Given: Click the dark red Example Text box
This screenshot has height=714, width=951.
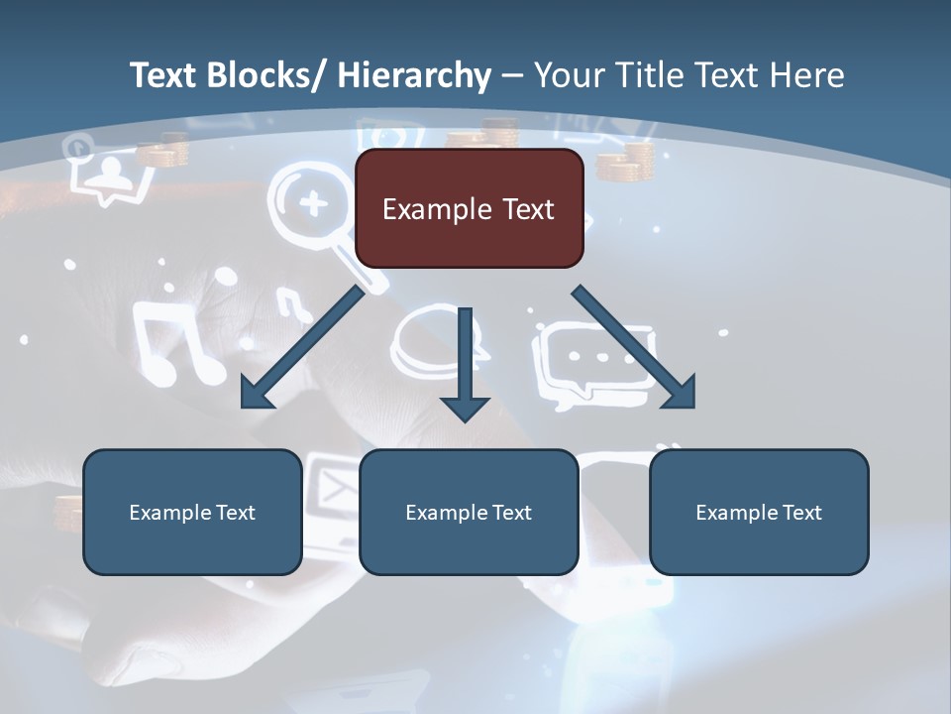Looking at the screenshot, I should click(469, 208).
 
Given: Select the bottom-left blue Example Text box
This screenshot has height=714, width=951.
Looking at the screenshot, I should click(192, 512).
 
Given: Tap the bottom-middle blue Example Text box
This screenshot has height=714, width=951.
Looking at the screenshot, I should click(469, 512).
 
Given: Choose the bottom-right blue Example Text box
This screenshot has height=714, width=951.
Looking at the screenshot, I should click(759, 512).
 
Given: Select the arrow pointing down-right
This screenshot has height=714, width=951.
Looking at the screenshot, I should click(635, 348).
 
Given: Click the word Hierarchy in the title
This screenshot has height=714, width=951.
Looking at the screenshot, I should click(414, 75).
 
